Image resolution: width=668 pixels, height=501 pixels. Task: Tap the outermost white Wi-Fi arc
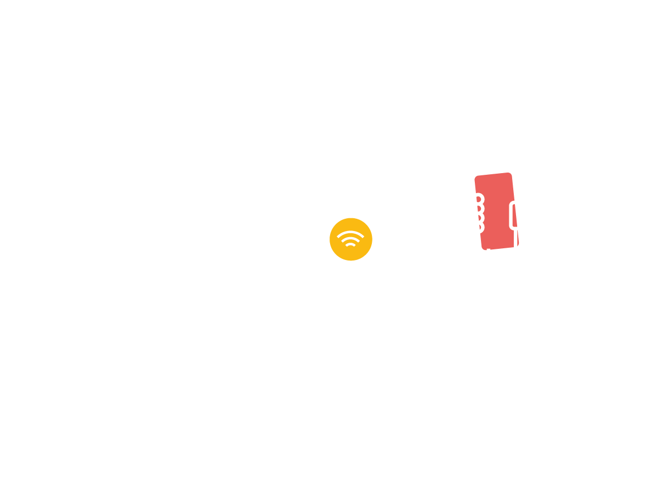(x=351, y=232)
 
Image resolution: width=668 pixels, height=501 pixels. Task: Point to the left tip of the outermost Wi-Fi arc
(x=338, y=237)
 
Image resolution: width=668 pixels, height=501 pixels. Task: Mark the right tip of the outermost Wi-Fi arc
(x=363, y=237)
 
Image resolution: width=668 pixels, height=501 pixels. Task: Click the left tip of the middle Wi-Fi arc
(x=342, y=242)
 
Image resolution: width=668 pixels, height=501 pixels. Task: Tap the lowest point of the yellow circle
(x=351, y=261)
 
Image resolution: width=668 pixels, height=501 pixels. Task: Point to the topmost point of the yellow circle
(x=351, y=218)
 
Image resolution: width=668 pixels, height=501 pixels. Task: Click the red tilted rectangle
(x=495, y=212)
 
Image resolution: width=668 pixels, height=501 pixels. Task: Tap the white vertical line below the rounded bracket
(x=516, y=238)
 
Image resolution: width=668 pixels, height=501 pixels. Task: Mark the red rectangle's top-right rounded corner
(x=509, y=175)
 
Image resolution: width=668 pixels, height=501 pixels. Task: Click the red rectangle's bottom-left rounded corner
(x=484, y=248)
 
